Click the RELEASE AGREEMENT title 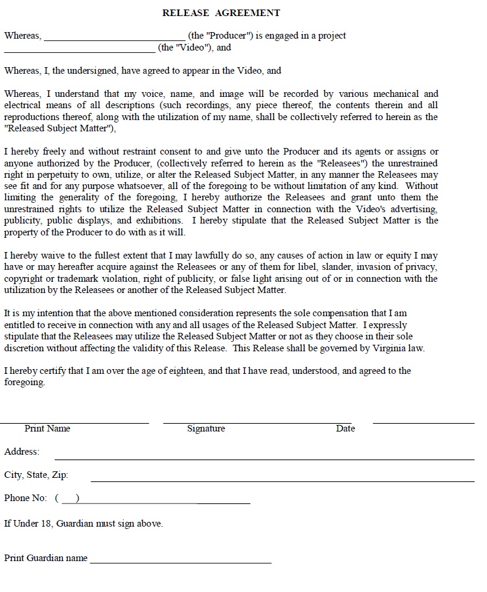click(221, 12)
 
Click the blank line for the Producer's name click(114, 39)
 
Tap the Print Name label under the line click(48, 429)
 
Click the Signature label click(206, 429)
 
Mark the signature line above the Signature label click(257, 423)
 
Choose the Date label click(345, 429)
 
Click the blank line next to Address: click(265, 459)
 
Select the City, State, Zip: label click(36, 475)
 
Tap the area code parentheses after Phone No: click(68, 498)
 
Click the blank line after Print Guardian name click(181, 562)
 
